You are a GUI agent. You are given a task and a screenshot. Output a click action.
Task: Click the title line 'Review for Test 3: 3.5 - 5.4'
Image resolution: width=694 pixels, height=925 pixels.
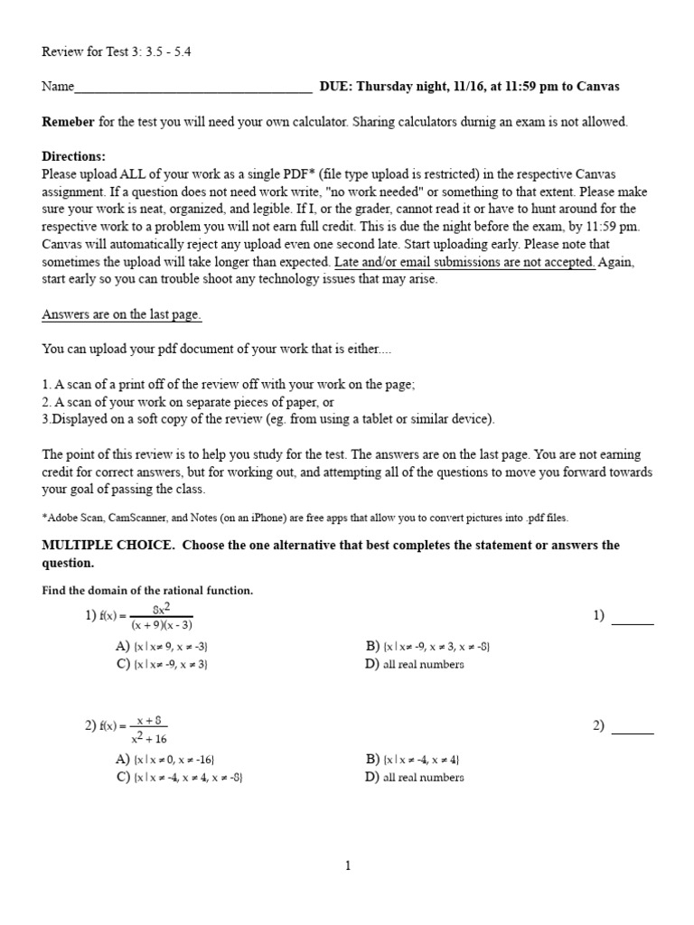(117, 51)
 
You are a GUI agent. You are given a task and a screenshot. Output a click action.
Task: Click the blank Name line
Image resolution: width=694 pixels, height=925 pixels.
(193, 88)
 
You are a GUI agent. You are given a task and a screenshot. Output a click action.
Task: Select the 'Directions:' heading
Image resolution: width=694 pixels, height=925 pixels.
(74, 156)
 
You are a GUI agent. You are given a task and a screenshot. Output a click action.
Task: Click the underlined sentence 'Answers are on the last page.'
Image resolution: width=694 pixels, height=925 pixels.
(122, 314)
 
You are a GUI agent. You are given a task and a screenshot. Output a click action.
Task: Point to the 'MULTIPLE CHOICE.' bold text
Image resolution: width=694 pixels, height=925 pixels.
(98, 546)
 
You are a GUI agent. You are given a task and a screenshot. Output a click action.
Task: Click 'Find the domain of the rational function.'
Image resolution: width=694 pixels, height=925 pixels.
(147, 591)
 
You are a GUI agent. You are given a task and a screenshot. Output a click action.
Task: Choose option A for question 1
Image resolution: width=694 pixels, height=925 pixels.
(163, 647)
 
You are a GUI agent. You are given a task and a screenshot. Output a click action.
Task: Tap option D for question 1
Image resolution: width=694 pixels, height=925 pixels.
(415, 664)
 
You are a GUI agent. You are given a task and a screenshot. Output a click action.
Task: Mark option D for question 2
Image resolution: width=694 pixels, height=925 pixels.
(415, 777)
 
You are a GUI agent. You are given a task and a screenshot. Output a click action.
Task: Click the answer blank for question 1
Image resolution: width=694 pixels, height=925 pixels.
(633, 622)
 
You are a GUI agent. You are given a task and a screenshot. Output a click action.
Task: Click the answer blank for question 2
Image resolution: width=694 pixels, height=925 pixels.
(633, 733)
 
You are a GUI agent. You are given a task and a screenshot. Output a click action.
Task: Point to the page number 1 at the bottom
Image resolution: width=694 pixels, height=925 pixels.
(347, 865)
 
